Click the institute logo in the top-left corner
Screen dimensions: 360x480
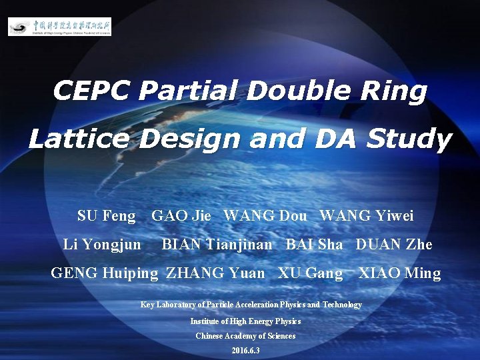coord(60,27)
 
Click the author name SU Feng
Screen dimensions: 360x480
coord(106,215)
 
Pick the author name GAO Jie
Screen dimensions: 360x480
coord(181,215)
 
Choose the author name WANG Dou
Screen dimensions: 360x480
coord(265,215)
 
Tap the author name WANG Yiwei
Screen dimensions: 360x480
coord(367,215)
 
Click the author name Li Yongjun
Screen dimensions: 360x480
coord(102,245)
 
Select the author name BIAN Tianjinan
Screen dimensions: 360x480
coord(217,245)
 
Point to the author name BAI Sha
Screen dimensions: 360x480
coord(314,245)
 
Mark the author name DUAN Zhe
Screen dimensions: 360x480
coord(394,245)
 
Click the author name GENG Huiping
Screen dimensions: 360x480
coord(105,273)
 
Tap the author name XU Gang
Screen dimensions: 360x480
coord(310,273)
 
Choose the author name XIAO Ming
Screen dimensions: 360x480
coord(399,273)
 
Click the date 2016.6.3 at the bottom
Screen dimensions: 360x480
coord(245,351)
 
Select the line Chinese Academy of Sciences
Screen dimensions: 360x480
coord(245,336)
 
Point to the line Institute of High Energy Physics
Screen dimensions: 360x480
coord(245,321)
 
